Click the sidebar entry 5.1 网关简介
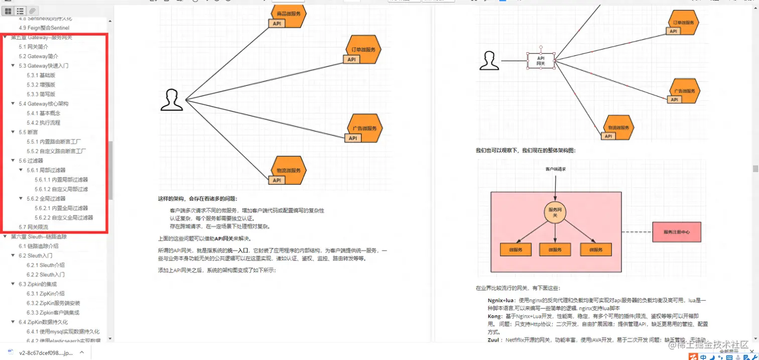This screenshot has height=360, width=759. [x=34, y=47]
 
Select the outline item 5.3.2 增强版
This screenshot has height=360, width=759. [x=41, y=85]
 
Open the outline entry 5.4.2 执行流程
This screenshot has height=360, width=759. [x=43, y=123]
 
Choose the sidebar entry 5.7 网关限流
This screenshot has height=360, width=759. [x=34, y=227]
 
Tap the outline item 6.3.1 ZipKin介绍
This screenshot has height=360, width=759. [x=46, y=294]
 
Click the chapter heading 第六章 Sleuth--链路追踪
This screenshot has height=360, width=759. [x=39, y=236]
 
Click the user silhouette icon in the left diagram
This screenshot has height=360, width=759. [x=172, y=100]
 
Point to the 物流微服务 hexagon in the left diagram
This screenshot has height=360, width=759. [x=288, y=170]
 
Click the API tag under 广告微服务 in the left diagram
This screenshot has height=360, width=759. [x=352, y=138]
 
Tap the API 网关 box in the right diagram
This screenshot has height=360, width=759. [x=541, y=61]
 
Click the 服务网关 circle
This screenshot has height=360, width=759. [x=555, y=212]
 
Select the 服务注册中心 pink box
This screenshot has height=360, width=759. [x=676, y=232]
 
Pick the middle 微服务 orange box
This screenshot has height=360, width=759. [x=555, y=250]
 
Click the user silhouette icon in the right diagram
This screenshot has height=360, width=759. [x=489, y=61]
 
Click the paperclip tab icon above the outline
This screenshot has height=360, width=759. [x=33, y=11]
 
